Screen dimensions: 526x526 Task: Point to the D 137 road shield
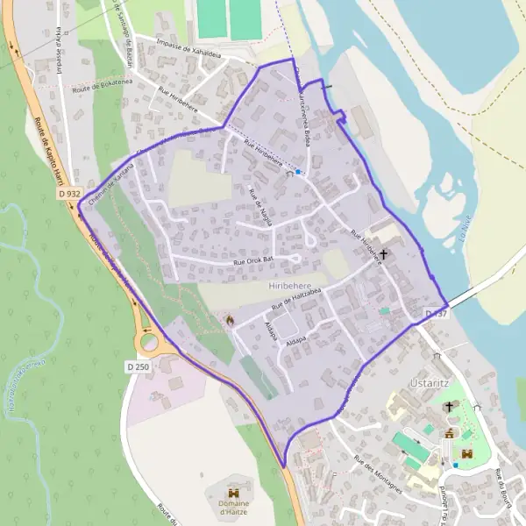437,313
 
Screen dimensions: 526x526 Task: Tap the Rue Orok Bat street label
254,261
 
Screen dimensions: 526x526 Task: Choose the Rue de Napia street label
260,207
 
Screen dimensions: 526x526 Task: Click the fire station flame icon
230,321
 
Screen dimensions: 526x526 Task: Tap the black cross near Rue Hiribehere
383,253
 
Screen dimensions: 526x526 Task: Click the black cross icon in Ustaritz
450,407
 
